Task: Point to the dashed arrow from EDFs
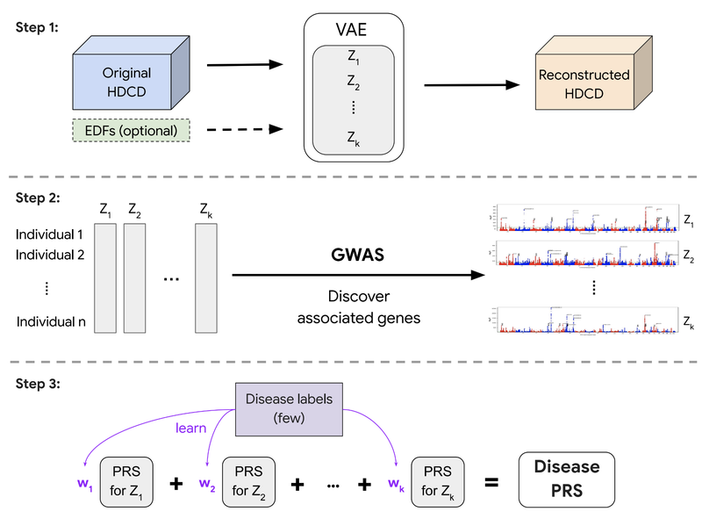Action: [247, 131]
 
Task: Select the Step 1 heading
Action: [39, 27]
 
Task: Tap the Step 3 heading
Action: [39, 383]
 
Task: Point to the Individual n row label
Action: [51, 322]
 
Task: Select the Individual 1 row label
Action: [51, 235]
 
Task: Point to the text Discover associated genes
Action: [359, 306]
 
